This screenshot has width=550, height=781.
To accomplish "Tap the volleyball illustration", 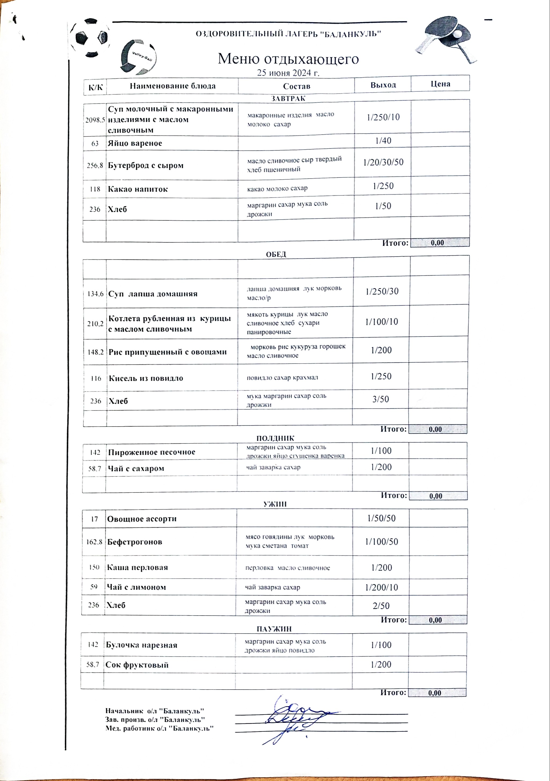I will click(138, 57).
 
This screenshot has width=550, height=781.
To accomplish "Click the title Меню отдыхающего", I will click(288, 59).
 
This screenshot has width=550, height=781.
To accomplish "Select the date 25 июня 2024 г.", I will click(288, 73).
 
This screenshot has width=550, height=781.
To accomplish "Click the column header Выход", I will click(383, 85).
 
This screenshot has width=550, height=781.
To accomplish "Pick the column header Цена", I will click(440, 84).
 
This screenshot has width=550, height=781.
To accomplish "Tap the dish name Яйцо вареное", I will click(135, 143).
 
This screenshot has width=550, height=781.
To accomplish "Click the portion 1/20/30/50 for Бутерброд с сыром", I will click(383, 162).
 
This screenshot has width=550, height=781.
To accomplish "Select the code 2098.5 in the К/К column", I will click(95, 120).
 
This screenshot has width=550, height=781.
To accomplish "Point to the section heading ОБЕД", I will click(276, 254).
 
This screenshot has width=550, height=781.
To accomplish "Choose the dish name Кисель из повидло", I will click(146, 378).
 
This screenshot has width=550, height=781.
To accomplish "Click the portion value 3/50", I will click(380, 399).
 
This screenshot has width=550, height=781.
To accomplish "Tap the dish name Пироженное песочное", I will click(152, 452).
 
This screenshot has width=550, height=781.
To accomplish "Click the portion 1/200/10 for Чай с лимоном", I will click(381, 587).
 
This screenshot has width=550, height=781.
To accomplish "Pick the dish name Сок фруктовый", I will click(137, 665).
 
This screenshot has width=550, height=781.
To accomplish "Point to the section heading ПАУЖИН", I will click(274, 629).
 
